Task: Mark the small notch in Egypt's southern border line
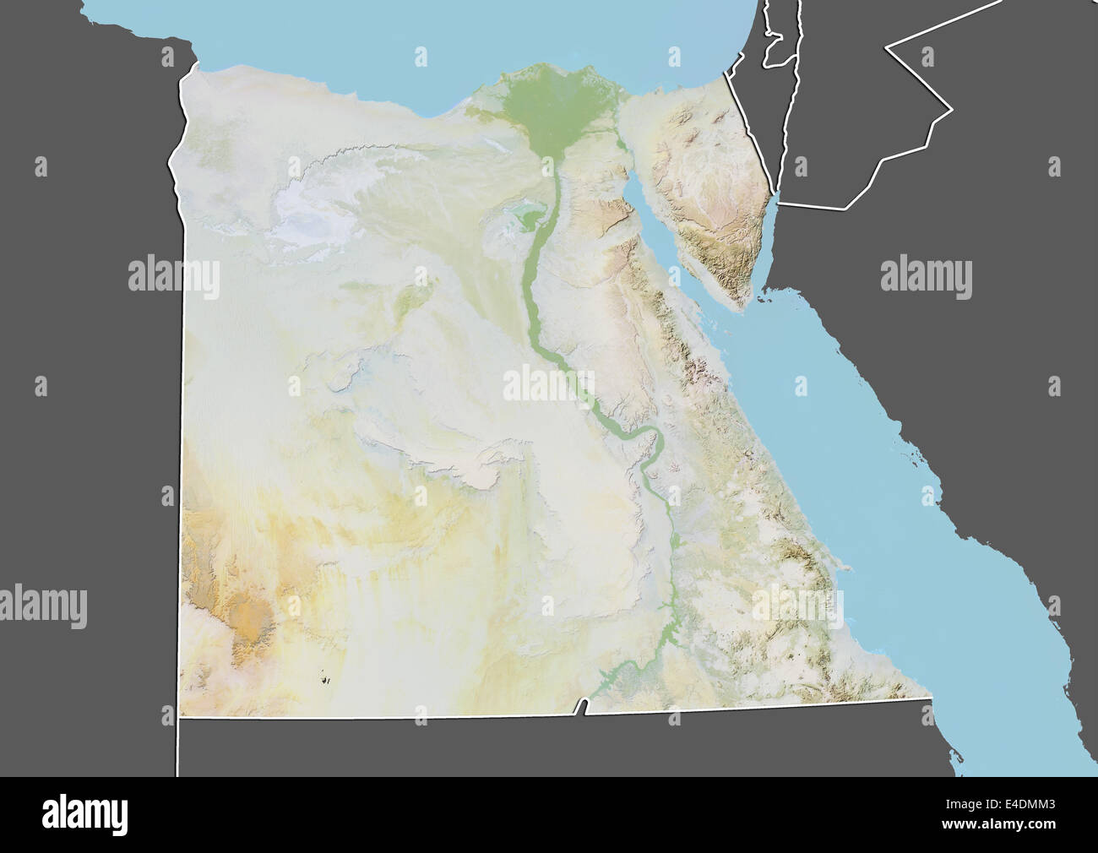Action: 580,706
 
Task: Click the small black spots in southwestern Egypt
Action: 326,676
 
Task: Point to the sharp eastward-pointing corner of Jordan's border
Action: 952,109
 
